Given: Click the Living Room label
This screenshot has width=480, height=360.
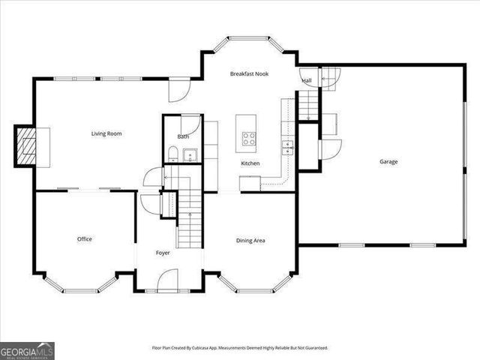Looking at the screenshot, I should [106, 134].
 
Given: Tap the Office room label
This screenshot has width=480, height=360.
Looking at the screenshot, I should [84, 239].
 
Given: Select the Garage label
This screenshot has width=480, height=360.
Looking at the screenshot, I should [388, 162].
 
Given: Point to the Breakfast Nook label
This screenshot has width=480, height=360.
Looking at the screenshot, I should [250, 73].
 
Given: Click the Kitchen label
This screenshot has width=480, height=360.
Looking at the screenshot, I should [250, 163].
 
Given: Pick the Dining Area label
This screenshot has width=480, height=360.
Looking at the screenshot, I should [250, 241].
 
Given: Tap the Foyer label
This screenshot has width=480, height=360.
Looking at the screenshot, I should [163, 253].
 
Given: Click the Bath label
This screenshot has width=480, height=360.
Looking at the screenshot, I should [183, 137].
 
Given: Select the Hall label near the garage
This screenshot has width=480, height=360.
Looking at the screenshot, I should [307, 80].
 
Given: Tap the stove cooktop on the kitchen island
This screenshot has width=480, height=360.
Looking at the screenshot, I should [248, 138].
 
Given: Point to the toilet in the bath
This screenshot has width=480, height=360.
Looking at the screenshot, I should [172, 155].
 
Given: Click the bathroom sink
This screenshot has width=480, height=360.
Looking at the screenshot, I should [189, 156].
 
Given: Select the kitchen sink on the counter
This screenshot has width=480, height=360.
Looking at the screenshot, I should [287, 146].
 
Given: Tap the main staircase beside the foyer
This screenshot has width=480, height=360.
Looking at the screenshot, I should [189, 217].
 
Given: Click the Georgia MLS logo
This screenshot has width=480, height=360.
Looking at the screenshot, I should [27, 350].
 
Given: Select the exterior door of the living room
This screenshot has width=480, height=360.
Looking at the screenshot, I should [178, 90].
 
